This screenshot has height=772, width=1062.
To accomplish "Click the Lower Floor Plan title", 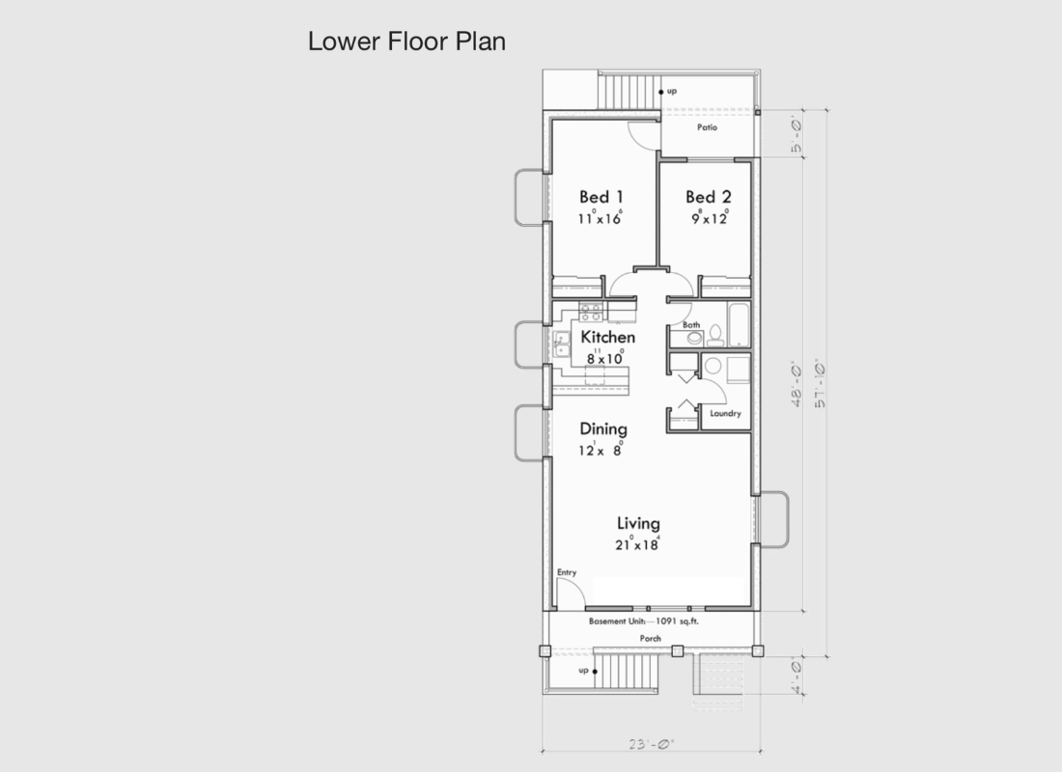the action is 406,41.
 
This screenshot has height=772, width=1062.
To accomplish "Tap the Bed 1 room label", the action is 601,197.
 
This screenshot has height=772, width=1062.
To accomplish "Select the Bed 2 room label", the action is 709,197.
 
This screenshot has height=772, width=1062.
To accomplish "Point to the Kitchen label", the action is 607,337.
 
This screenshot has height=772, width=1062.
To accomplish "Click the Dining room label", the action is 603,429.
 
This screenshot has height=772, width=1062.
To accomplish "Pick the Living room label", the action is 638,523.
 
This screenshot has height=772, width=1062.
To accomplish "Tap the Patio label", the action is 707,127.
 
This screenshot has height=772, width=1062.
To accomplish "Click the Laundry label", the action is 725,413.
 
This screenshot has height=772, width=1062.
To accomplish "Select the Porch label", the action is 650,638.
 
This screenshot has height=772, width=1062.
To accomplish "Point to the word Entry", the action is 567,572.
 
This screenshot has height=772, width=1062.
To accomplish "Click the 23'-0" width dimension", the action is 651,744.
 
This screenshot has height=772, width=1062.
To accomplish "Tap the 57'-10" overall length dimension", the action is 820,383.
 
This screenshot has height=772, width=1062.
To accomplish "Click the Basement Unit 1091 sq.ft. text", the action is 643,621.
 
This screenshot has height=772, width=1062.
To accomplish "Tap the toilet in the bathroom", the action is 715,335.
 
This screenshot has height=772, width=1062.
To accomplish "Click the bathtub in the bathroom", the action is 739,324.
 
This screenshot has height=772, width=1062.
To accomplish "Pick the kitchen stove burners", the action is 591,313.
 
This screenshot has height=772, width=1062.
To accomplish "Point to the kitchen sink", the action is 562,344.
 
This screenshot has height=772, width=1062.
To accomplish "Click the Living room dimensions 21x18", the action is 637,544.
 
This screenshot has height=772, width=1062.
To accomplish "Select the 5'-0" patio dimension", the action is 796,135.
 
